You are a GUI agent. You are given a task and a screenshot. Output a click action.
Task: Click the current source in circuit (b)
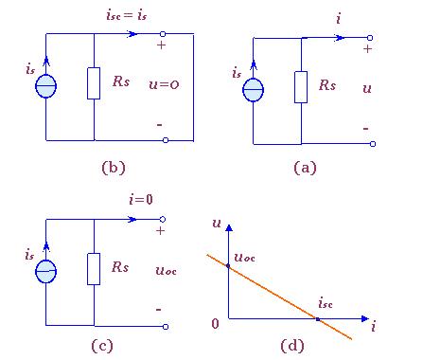coord(46,86)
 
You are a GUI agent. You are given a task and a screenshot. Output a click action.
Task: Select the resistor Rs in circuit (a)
coord(301,87)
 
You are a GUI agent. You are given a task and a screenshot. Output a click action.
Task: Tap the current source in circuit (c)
coord(46,271)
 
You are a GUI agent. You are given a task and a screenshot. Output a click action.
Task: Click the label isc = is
coord(127,15)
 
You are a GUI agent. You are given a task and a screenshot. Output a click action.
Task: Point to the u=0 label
coord(164,84)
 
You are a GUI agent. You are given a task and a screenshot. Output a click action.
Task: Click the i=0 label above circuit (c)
coord(141,199)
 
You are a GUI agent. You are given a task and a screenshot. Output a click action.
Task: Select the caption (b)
coord(114,168)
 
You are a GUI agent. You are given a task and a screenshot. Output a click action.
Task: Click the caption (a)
coord(305,168)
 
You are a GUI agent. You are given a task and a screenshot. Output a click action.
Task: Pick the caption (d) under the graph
coord(292,346)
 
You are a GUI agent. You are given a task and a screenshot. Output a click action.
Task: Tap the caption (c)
coord(102,346)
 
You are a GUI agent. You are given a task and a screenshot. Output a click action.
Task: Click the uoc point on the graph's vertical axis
coord(228,266)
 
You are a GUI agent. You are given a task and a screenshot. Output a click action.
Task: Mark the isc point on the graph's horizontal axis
coord(318,319)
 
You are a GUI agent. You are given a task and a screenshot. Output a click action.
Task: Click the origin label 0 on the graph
coord(216,324)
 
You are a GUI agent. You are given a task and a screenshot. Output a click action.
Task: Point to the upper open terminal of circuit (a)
coord(370,38)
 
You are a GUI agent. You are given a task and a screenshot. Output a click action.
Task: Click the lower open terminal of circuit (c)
coord(166,327)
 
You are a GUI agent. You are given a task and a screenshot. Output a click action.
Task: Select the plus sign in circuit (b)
coord(161,45)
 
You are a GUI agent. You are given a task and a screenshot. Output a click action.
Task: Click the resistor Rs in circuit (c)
coord(94,269)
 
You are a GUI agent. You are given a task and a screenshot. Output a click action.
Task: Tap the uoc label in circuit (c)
coord(167,271)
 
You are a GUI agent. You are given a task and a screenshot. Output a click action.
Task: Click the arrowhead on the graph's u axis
coord(229,227)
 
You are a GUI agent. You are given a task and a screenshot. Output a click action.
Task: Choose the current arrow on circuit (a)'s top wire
coord(340,38)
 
